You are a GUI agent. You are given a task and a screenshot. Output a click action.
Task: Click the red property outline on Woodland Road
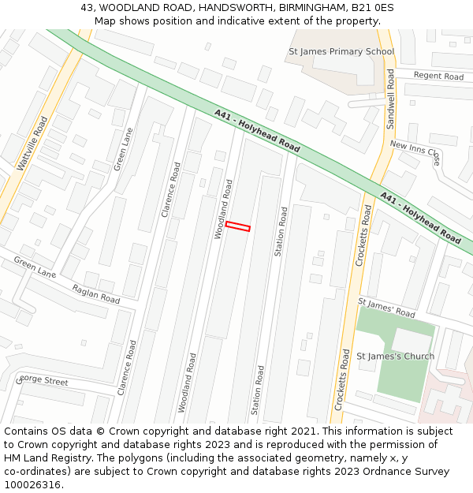237,226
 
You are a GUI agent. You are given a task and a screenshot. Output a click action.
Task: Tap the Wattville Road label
32,143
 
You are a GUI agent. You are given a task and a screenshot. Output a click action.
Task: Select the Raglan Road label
95,294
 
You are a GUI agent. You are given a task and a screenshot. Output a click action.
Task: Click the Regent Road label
438,77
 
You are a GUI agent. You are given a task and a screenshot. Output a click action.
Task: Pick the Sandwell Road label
390,99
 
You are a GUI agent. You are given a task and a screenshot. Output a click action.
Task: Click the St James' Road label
386,308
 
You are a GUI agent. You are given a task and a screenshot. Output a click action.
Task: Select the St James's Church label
395,356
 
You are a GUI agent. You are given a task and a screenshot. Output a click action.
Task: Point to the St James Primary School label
341,52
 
